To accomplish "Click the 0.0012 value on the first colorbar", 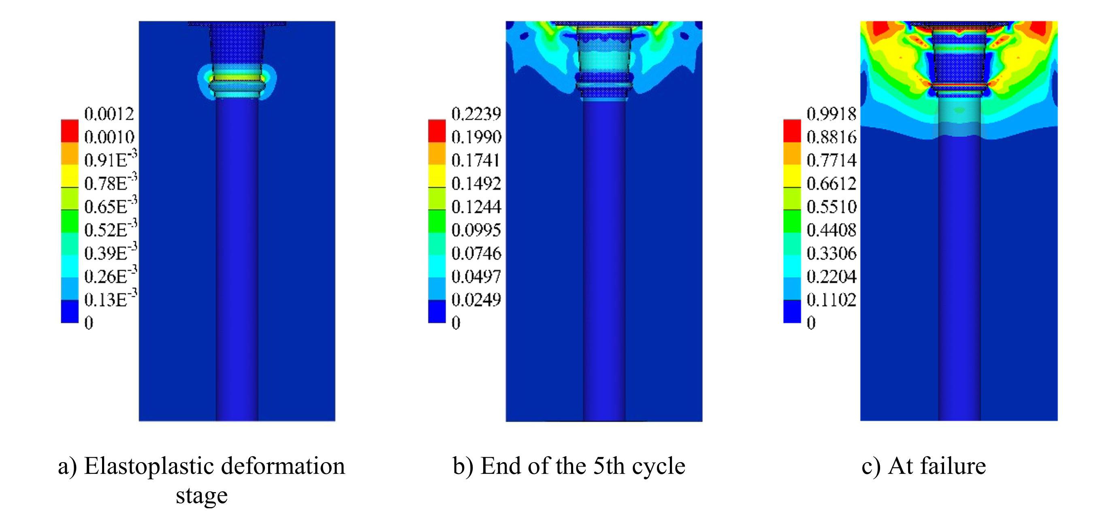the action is click(x=109, y=114).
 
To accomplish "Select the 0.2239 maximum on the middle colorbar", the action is click(x=476, y=114).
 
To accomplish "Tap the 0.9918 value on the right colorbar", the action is click(x=831, y=114).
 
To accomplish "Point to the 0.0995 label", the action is click(x=476, y=230).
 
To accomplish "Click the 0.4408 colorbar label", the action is click(x=831, y=230).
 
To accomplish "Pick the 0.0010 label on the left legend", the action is click(x=109, y=137).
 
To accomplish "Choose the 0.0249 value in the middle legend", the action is click(x=476, y=300).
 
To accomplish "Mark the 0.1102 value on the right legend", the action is click(x=831, y=300).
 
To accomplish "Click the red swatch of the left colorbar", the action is click(x=70, y=131).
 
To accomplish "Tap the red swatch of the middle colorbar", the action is click(x=437, y=131).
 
